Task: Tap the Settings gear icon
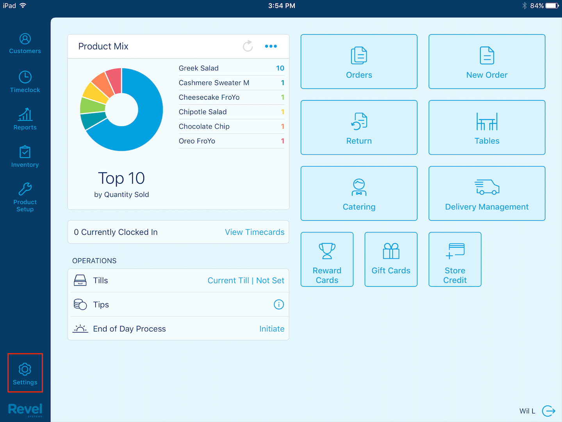coord(25,369)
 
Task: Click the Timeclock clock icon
coord(25,77)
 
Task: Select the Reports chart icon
coord(25,114)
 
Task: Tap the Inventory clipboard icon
coord(25,152)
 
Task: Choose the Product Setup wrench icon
coord(25,189)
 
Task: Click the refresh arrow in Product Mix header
coord(248,46)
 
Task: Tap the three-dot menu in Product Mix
coord(271,46)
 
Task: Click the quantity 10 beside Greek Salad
coord(280,68)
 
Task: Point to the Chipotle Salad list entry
coord(203,112)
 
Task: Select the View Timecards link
coord(255,232)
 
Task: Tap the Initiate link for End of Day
coord(272,329)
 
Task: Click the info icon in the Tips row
coord(279,304)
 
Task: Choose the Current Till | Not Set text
coord(246,281)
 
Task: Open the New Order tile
coord(487,62)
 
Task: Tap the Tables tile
coord(487,127)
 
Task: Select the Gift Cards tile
coord(391,259)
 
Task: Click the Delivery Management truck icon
coord(487,187)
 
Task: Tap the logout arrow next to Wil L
coord(549,411)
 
